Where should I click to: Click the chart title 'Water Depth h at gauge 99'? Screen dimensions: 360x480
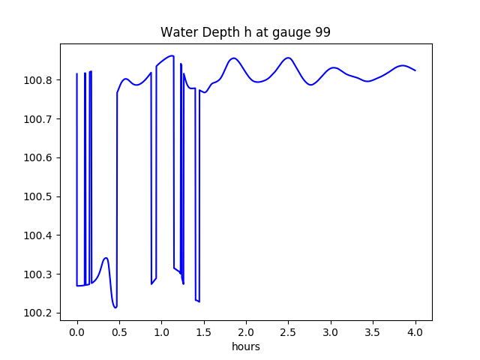245,33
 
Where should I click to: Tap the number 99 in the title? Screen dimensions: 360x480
322,33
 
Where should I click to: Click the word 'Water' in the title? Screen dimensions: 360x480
177,33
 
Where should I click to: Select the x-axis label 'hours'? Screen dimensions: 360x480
246,347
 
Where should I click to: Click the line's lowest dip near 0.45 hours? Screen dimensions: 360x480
115,307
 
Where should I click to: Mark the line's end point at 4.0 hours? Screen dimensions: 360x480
415,70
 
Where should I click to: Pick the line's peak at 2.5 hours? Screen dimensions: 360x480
288,58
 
